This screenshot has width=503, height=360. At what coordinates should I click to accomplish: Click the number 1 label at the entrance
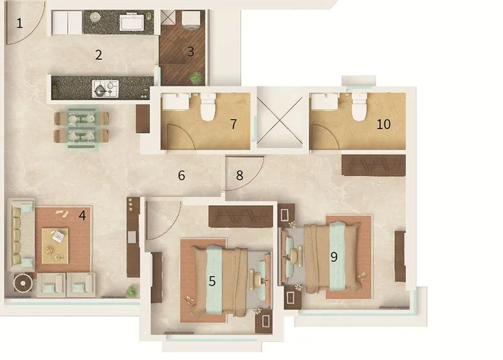point(19,24)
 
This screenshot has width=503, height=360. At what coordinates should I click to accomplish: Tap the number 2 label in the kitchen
point(99,55)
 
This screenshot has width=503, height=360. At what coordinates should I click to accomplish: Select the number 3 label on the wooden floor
point(191,52)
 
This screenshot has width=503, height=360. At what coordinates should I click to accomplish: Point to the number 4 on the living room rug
point(82,215)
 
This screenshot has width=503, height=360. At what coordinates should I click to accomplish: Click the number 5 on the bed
point(212,281)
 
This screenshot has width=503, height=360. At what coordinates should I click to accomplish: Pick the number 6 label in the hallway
point(182,176)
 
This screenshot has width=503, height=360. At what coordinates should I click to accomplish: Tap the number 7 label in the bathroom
point(233,124)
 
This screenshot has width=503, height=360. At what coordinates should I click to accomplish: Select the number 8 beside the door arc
point(240,176)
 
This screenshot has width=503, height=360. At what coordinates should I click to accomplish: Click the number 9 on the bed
point(334,257)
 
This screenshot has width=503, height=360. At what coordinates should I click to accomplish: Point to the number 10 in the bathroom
point(384,124)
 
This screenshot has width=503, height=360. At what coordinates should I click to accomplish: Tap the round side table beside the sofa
point(23,283)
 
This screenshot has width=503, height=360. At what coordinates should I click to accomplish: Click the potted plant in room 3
point(197,79)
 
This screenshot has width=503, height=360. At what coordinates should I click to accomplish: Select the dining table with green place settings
point(82,127)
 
